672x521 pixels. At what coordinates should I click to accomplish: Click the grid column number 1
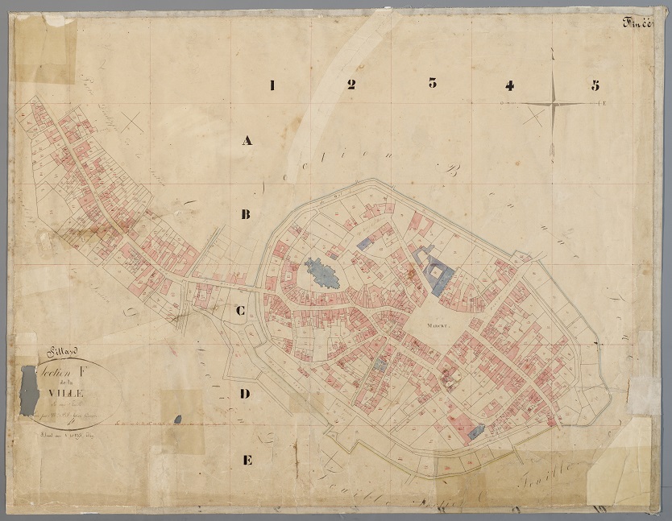click(x=272, y=85)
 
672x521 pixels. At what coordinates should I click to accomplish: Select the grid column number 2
click(x=351, y=85)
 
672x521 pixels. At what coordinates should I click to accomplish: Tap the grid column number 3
click(x=433, y=83)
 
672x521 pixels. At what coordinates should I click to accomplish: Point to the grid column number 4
click(x=509, y=85)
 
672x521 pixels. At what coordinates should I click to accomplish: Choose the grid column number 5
click(x=595, y=85)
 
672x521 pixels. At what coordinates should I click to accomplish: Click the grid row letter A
click(x=247, y=141)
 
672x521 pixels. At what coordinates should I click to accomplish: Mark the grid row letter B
click(x=247, y=214)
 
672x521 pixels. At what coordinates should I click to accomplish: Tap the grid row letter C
click(x=241, y=311)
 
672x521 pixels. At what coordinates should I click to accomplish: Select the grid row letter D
click(x=247, y=394)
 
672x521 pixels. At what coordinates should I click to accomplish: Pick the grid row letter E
click(x=247, y=460)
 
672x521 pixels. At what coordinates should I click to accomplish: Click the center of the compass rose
click(x=554, y=104)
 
